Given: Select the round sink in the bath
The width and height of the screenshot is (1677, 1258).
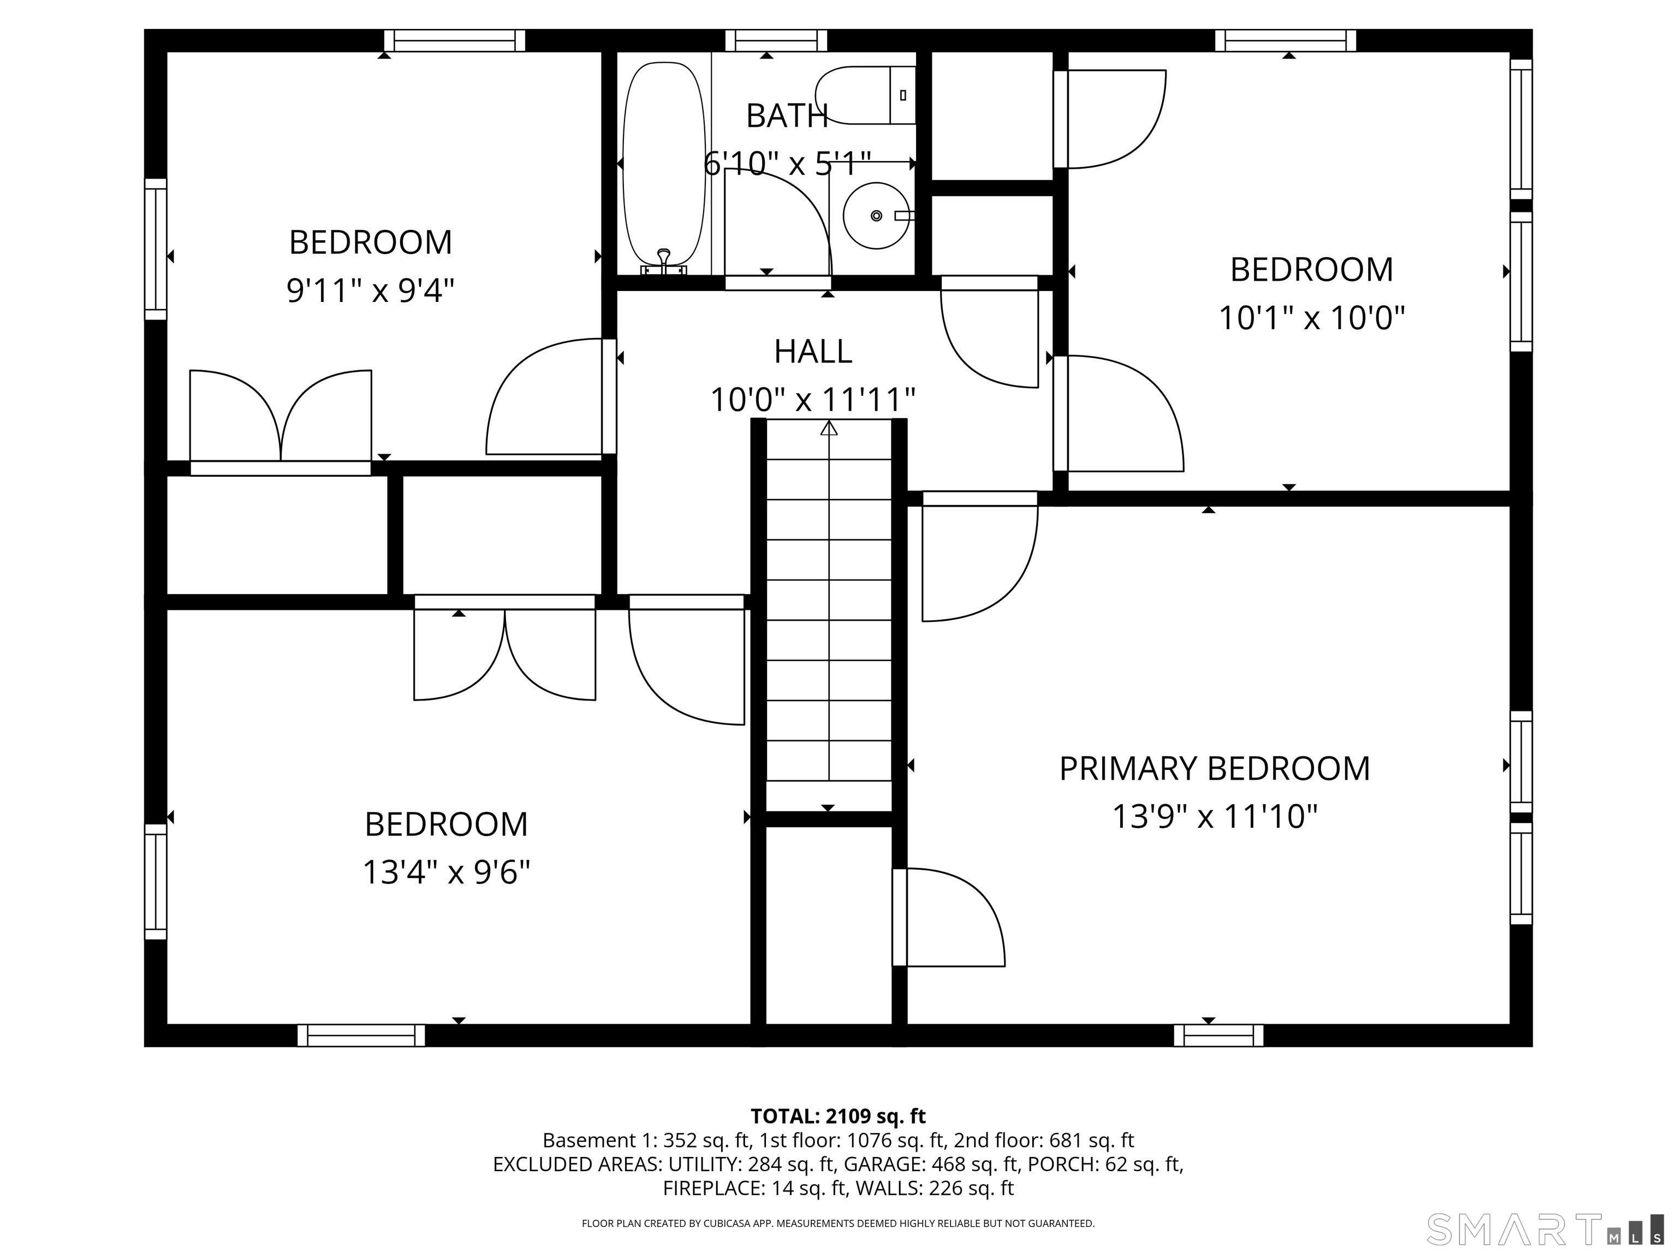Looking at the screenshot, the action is click(x=876, y=215).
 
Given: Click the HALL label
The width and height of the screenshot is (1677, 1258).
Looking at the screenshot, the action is click(x=813, y=351).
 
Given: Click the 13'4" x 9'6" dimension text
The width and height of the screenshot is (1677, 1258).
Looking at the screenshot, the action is click(x=446, y=872).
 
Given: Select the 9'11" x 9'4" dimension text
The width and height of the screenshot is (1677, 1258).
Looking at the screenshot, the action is click(x=370, y=290).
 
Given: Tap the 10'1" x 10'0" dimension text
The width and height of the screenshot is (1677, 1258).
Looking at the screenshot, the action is click(x=1312, y=317).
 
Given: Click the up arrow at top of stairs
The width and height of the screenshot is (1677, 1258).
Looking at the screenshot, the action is click(x=829, y=429).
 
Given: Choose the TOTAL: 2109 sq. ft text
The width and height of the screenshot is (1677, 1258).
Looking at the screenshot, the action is click(x=838, y=1116).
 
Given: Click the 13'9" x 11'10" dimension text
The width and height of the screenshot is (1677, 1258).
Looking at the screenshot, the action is click(x=1215, y=817).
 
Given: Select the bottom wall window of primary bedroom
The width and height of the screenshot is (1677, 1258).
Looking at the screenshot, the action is click(x=1218, y=1035).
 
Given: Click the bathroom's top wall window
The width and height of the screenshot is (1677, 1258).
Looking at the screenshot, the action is click(x=776, y=40).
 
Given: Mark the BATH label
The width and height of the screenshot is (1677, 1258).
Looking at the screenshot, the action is click(x=787, y=115).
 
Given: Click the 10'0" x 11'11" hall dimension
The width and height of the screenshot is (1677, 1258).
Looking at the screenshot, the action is click(x=813, y=400).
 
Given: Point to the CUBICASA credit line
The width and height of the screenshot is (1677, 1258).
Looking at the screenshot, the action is click(x=838, y=1223).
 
